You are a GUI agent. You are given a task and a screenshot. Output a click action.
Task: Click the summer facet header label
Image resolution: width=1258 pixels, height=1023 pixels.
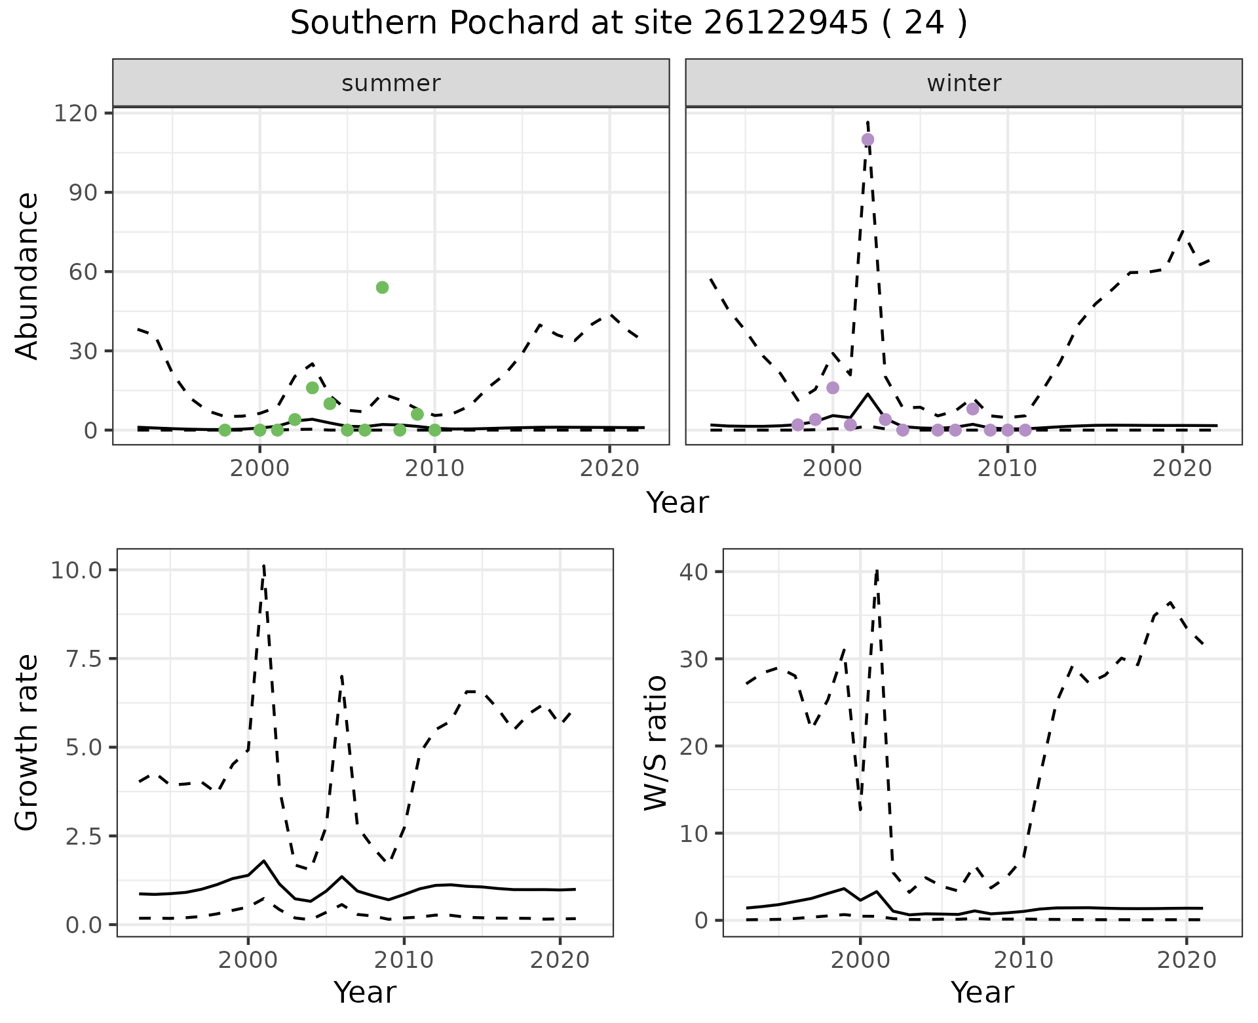coord(391,83)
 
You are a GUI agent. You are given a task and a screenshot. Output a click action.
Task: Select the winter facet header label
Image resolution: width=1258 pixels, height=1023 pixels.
coord(964,83)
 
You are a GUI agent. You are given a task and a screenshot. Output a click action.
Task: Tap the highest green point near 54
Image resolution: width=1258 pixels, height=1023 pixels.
coord(383,287)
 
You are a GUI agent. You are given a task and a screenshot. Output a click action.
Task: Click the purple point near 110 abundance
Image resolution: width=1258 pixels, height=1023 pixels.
coord(868,140)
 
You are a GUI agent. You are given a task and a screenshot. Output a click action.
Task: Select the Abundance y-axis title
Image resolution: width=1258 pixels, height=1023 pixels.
coord(28,276)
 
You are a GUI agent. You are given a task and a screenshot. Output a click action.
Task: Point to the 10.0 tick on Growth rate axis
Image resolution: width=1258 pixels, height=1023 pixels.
coord(76,571)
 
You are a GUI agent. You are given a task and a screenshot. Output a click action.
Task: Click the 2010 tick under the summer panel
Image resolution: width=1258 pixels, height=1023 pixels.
coord(434,469)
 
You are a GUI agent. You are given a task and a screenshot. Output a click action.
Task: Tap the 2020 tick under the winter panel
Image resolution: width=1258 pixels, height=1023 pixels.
coord(1183,469)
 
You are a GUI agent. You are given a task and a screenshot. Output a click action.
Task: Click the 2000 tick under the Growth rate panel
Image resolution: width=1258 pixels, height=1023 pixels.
coord(248,961)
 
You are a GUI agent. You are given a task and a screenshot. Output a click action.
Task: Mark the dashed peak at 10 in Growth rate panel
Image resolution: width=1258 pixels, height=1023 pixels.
coord(263,565)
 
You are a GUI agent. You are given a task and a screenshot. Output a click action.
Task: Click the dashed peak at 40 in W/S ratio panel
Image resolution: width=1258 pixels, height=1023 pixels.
coord(877,571)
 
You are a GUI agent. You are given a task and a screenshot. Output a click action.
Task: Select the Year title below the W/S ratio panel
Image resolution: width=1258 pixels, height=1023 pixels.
coord(982,993)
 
